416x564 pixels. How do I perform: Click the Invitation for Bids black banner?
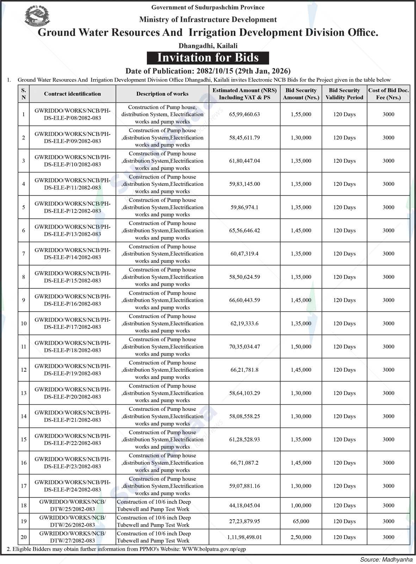208,58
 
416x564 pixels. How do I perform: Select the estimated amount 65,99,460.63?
244,114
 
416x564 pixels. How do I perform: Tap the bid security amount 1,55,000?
301,114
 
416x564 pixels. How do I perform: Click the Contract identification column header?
72,94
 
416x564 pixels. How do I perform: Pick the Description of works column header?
162,94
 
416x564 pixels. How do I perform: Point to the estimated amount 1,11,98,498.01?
244,537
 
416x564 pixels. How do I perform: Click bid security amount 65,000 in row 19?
301,521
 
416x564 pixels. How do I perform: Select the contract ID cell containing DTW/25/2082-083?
72,506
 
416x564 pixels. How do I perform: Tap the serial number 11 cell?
24,347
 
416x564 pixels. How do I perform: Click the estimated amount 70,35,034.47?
244,347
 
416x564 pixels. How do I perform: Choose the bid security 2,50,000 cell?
301,537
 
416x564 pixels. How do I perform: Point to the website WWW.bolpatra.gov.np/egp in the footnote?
214,549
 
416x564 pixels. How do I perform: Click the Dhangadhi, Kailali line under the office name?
208,46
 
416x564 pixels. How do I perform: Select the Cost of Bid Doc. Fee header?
388,94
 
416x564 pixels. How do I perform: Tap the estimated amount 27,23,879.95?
244,521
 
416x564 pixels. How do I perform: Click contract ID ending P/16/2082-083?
72,300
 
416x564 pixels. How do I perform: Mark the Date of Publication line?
208,71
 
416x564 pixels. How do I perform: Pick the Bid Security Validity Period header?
344,94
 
